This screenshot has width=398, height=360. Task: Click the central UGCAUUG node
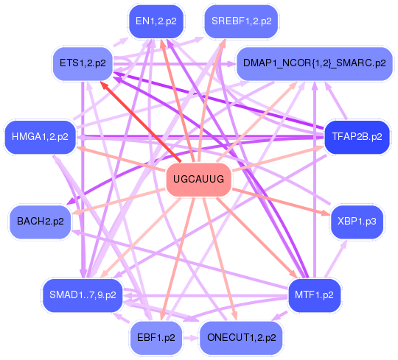coord(199,180)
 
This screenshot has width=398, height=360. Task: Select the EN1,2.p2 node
coord(156,21)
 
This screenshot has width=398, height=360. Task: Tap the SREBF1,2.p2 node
coord(242,21)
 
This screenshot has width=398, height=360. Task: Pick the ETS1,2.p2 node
coord(83,63)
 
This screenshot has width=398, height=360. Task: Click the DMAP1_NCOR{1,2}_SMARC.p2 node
coord(315,63)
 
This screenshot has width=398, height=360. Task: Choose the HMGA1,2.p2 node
coord(40,137)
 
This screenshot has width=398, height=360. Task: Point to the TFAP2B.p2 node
coord(357,137)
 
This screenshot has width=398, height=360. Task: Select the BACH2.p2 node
coord(41,222)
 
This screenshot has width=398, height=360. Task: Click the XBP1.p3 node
coord(357,222)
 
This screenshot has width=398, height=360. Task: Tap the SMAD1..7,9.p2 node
coord(83,295)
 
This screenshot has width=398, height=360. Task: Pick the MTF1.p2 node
coord(314,295)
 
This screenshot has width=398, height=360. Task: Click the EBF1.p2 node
coord(156,338)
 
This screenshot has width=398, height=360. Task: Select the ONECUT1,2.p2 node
coord(242,338)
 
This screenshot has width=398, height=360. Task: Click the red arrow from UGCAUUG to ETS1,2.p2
coord(141,121)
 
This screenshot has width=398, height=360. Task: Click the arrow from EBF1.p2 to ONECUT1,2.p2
coord(191,338)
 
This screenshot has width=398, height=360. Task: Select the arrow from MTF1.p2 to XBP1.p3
coord(336,259)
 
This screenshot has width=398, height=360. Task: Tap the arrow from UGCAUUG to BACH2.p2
coord(119,202)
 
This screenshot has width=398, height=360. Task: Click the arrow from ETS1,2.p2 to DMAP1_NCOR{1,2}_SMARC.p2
coord(175,63)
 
